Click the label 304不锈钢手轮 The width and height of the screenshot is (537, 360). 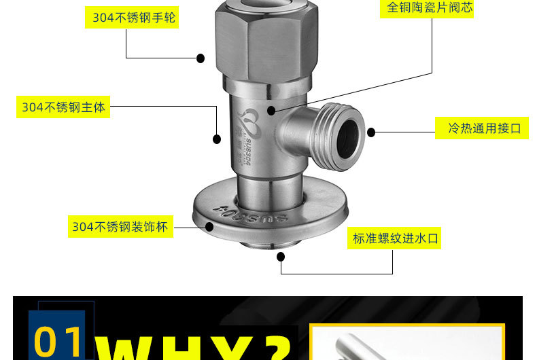coord(134,18)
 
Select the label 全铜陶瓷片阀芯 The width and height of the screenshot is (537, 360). coord(429,7)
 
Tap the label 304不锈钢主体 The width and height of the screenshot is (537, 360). coord(64,107)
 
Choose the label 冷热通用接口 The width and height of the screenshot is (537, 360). coord(483,128)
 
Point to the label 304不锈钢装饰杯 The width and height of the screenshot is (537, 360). coord(120,226)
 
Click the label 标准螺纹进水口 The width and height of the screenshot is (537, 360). coord(395,238)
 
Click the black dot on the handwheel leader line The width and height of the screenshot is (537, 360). coord(201,58)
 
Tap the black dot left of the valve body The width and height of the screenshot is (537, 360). coord(217,139)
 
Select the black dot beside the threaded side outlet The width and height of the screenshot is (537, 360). coord(371,132)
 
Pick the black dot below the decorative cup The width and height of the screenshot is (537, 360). coord(281,257)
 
